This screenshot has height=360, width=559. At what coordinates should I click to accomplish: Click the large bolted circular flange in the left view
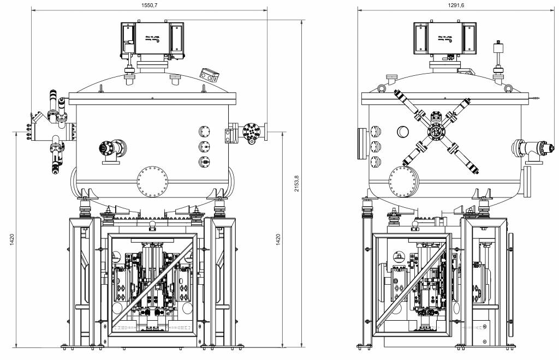click(x=151, y=181)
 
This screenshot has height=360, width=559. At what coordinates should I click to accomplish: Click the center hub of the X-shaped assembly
click(x=436, y=131)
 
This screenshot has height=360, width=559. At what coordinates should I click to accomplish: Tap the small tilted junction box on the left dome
click(x=209, y=74)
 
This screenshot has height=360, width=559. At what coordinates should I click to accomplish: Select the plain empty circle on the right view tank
click(x=403, y=131)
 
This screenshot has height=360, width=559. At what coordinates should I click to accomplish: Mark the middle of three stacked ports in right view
click(x=375, y=146)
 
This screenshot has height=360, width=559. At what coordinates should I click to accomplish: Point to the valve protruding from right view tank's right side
click(x=528, y=147)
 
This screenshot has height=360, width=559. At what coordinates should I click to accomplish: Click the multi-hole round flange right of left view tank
click(x=251, y=131)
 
